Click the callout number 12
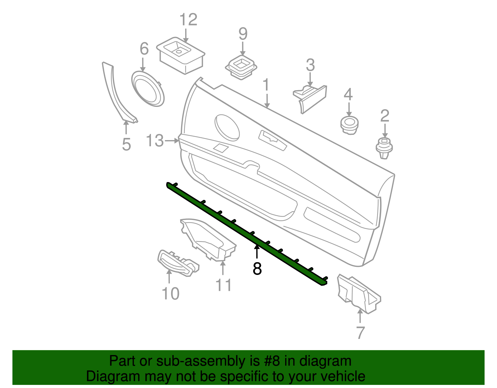coord(188,20)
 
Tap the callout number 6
coord(144,49)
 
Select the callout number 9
coord(243,34)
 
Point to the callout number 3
coord(310,65)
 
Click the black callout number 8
coord(257,269)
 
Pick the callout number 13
coord(155,141)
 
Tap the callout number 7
coord(360,333)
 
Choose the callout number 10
coord(171,294)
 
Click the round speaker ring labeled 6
coord(148,89)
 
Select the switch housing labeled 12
coord(181,55)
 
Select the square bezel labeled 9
coord(241,66)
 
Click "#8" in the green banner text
coord(272,361)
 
